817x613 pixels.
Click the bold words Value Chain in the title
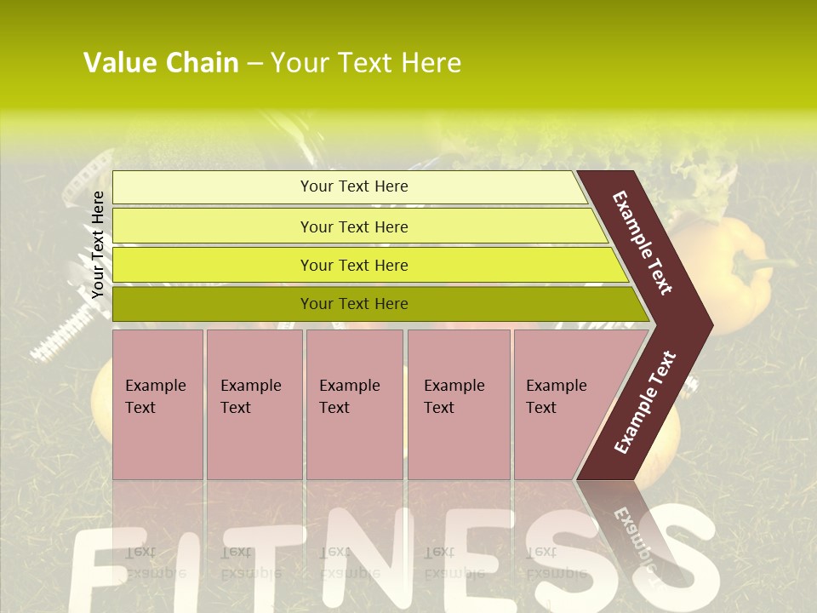161,63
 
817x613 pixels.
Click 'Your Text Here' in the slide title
366,63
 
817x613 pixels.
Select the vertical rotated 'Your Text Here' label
98,244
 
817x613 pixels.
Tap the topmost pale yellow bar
353,186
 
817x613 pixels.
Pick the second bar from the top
353,226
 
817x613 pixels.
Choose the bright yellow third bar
353,265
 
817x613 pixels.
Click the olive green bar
353,304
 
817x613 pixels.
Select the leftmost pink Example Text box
157,404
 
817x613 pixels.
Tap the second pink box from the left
254,404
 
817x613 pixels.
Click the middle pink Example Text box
354,404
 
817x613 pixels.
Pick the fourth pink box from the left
459,404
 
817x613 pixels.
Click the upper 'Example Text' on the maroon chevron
643,243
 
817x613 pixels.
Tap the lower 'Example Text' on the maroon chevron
645,402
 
